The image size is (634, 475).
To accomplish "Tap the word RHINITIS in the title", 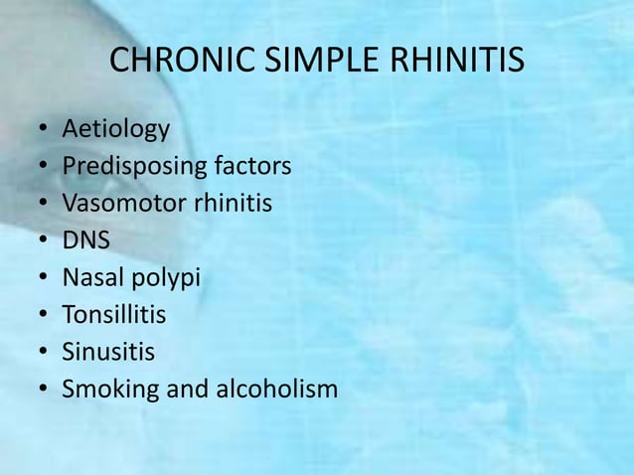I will (452, 62).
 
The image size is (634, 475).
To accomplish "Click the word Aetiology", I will (115, 130).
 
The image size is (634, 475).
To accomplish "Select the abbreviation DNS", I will (85, 240).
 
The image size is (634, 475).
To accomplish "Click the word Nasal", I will (90, 277).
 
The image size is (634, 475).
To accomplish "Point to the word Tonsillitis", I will (114, 315).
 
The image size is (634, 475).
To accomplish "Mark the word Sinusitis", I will (108, 352).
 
